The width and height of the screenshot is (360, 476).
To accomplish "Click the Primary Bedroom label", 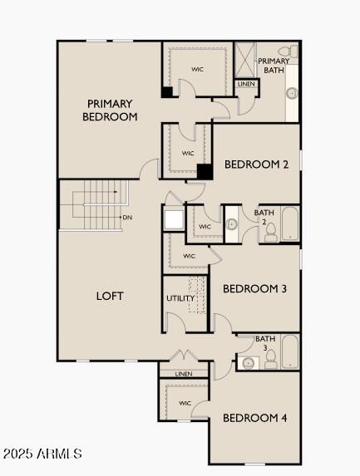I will point(110,110).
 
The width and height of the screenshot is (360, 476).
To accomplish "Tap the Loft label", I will point(110,296).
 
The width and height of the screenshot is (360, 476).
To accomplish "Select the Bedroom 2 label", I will point(256,164).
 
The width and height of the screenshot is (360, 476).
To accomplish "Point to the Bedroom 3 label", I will point(254,289).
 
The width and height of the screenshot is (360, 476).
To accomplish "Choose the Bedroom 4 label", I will point(254,418).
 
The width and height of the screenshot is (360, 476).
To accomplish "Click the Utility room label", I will point(180,298).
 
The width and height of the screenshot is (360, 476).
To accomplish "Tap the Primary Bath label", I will point(274,66).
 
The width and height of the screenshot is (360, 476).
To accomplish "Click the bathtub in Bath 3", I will point(289,351).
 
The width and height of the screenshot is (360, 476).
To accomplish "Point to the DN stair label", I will point(127,218).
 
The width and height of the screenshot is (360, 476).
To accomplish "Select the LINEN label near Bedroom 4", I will point(184,374).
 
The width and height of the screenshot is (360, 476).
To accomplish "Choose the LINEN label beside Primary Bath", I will point(246,84).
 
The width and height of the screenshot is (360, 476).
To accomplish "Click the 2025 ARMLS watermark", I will point(42,454).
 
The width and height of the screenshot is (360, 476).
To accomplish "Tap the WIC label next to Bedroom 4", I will point(185,404).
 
